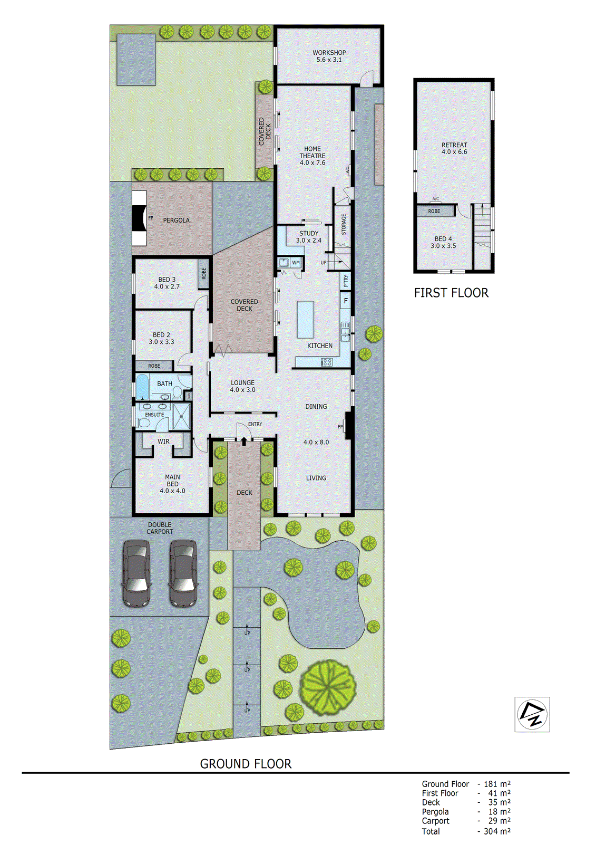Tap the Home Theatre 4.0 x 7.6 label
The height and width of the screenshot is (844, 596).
click(312, 156)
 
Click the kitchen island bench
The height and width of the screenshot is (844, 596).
click(306, 319)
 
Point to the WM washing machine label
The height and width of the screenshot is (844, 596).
click(296, 263)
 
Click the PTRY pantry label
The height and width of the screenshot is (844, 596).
click(346, 281)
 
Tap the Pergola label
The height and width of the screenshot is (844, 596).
click(176, 220)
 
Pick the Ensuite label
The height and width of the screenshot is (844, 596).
click(154, 415)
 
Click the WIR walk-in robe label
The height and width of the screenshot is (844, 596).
click(163, 442)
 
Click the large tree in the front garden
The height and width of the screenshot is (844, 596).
click(328, 688)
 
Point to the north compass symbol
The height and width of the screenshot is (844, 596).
click(532, 714)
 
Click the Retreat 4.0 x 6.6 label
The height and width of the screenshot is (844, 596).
click(454, 148)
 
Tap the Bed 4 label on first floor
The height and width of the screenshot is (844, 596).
click(443, 242)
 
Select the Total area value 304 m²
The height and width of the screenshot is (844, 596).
click(496, 831)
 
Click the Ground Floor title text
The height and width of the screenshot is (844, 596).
click(246, 764)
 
